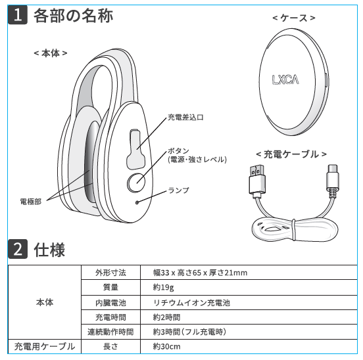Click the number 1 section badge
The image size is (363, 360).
coord(18,15)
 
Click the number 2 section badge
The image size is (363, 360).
coord(18,249)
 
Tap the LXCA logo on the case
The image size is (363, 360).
coord(285,79)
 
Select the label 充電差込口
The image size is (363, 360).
coord(185,118)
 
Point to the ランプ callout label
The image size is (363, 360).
coord(178,191)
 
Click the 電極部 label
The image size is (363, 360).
coord(30,202)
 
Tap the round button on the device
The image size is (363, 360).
coord(136,183)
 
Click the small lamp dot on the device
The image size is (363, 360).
coord(137,202)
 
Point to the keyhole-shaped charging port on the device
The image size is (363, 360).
coord(136,149)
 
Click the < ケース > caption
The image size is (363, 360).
coord(294,18)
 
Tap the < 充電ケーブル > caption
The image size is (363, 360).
coord(291,154)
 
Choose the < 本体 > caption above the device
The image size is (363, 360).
coord(51,53)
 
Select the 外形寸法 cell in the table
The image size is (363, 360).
coord(110,273)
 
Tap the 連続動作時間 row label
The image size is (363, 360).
coord(110,332)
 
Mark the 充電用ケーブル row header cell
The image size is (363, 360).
coord(45,346)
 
